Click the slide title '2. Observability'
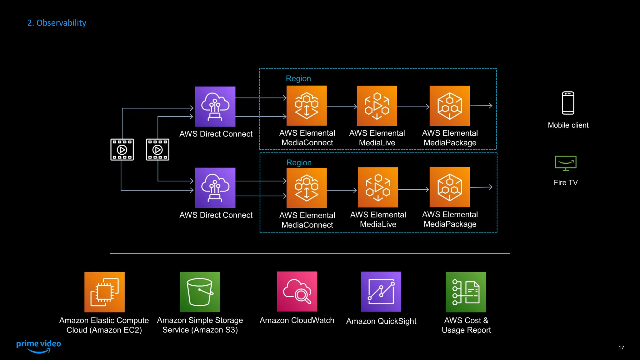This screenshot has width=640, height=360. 57,23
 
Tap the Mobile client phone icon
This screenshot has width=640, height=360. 568,103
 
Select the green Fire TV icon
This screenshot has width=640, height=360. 566,163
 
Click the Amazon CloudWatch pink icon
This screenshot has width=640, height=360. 297,292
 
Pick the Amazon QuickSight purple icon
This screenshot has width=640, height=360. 381,292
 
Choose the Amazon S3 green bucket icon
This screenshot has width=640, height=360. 200,292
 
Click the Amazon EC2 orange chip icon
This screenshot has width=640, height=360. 104,292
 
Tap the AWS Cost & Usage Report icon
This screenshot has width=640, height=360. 466,292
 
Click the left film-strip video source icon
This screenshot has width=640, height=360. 122,150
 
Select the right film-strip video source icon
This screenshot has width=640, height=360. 157,150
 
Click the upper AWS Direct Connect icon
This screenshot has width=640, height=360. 215,107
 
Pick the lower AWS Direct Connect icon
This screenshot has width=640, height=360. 215,188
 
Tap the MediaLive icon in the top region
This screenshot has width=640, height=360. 377,106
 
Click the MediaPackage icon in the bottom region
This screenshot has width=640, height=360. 449,187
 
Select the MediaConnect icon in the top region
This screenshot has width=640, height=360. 307,106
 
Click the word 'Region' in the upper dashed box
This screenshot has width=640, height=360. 298,78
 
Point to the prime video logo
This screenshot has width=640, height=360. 38,346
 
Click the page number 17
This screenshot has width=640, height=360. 621,347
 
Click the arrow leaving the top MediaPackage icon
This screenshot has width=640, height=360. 481,106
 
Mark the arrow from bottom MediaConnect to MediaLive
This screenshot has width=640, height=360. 342,190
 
